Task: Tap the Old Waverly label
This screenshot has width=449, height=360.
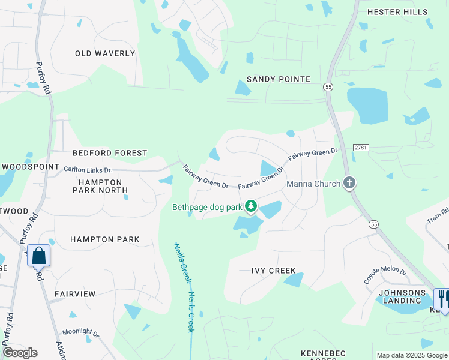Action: [x=105, y=53]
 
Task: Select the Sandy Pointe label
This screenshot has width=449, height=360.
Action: [x=279, y=79]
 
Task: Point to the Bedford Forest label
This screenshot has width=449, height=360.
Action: [x=110, y=153]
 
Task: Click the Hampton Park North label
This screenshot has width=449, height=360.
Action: [x=97, y=186]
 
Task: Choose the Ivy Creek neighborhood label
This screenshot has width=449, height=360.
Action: [x=274, y=271]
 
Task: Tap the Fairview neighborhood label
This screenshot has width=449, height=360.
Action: [x=75, y=294]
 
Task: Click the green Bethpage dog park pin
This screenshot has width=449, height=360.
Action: [x=250, y=207]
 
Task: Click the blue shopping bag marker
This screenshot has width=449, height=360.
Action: [x=38, y=256]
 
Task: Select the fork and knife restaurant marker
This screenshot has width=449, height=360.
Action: [x=442, y=298]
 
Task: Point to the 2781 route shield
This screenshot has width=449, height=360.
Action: [x=360, y=147]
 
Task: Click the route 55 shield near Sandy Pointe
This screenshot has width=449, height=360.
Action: [x=328, y=87]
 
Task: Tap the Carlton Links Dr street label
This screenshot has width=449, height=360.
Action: [x=88, y=170]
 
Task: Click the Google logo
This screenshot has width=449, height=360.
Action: [x=20, y=353]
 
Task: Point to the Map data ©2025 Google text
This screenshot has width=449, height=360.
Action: [x=411, y=355]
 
